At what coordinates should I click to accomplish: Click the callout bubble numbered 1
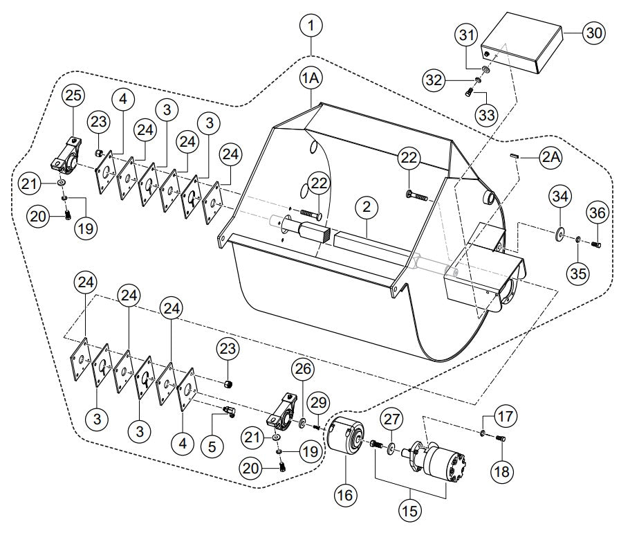(312, 26)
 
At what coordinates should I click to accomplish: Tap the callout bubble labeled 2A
(551, 158)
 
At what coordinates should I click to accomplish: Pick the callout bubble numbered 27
(392, 418)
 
